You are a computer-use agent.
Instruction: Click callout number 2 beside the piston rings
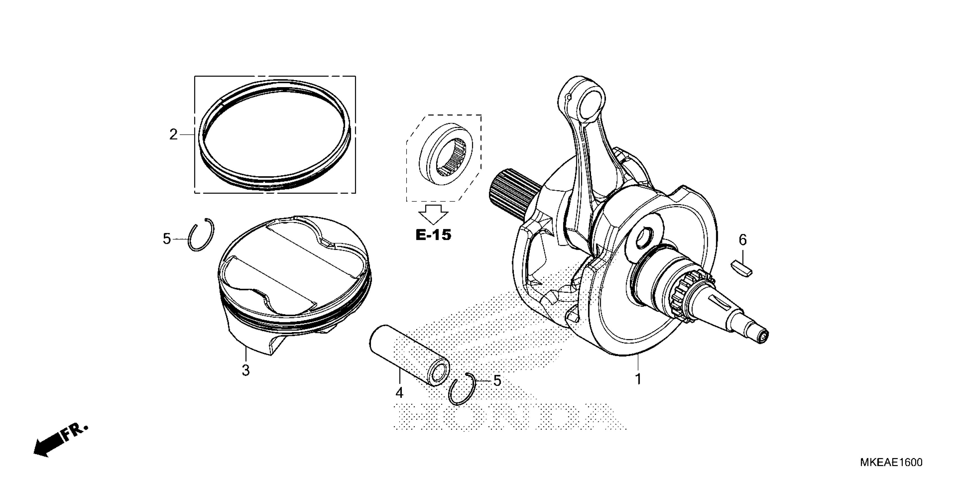coord(173,134)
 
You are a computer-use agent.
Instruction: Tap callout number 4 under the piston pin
coord(399,393)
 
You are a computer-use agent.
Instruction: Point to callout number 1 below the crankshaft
coord(638,379)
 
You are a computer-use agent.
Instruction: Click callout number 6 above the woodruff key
coord(743,240)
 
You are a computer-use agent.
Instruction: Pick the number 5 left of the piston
coord(167,239)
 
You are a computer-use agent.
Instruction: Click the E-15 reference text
coord(433,235)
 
